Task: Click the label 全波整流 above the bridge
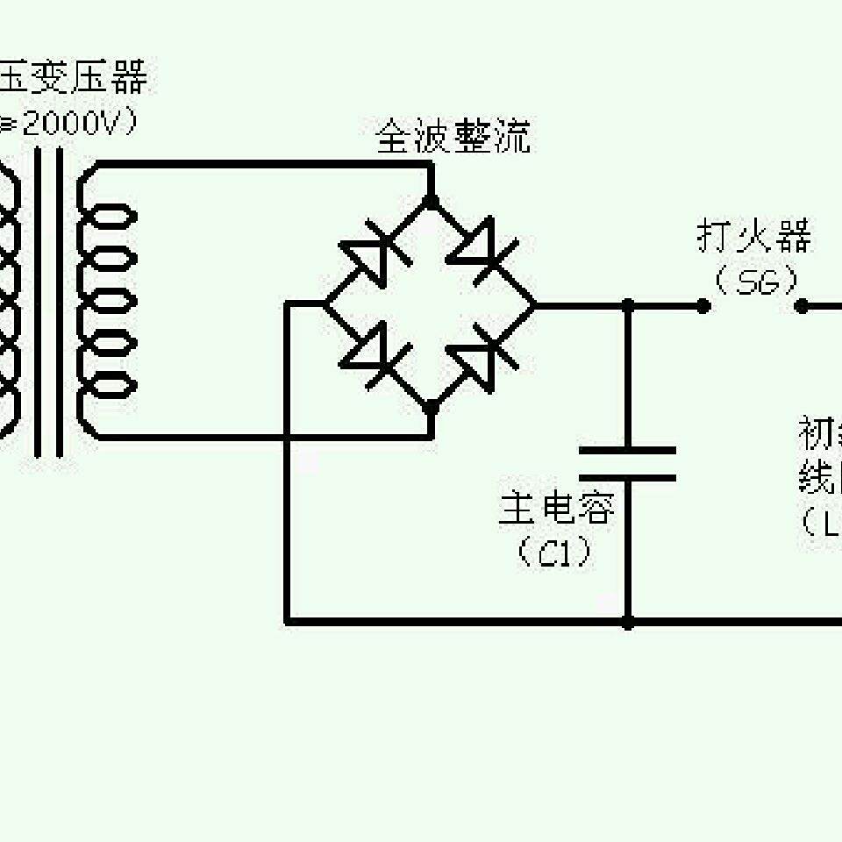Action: (453, 138)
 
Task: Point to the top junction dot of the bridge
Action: (431, 200)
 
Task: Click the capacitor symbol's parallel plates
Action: (628, 464)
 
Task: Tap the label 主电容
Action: (557, 509)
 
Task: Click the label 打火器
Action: (754, 237)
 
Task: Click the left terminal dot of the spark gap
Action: (703, 305)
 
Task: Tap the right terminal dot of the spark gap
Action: (801, 305)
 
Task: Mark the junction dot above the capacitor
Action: (628, 305)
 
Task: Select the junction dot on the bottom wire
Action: (628, 622)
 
